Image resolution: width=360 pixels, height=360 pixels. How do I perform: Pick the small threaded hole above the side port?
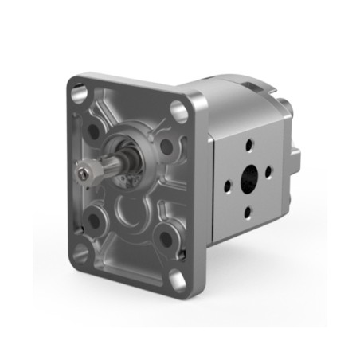pyautogui.click(x=248, y=145)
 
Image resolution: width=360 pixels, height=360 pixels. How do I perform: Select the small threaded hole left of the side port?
pyautogui.click(x=228, y=185)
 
